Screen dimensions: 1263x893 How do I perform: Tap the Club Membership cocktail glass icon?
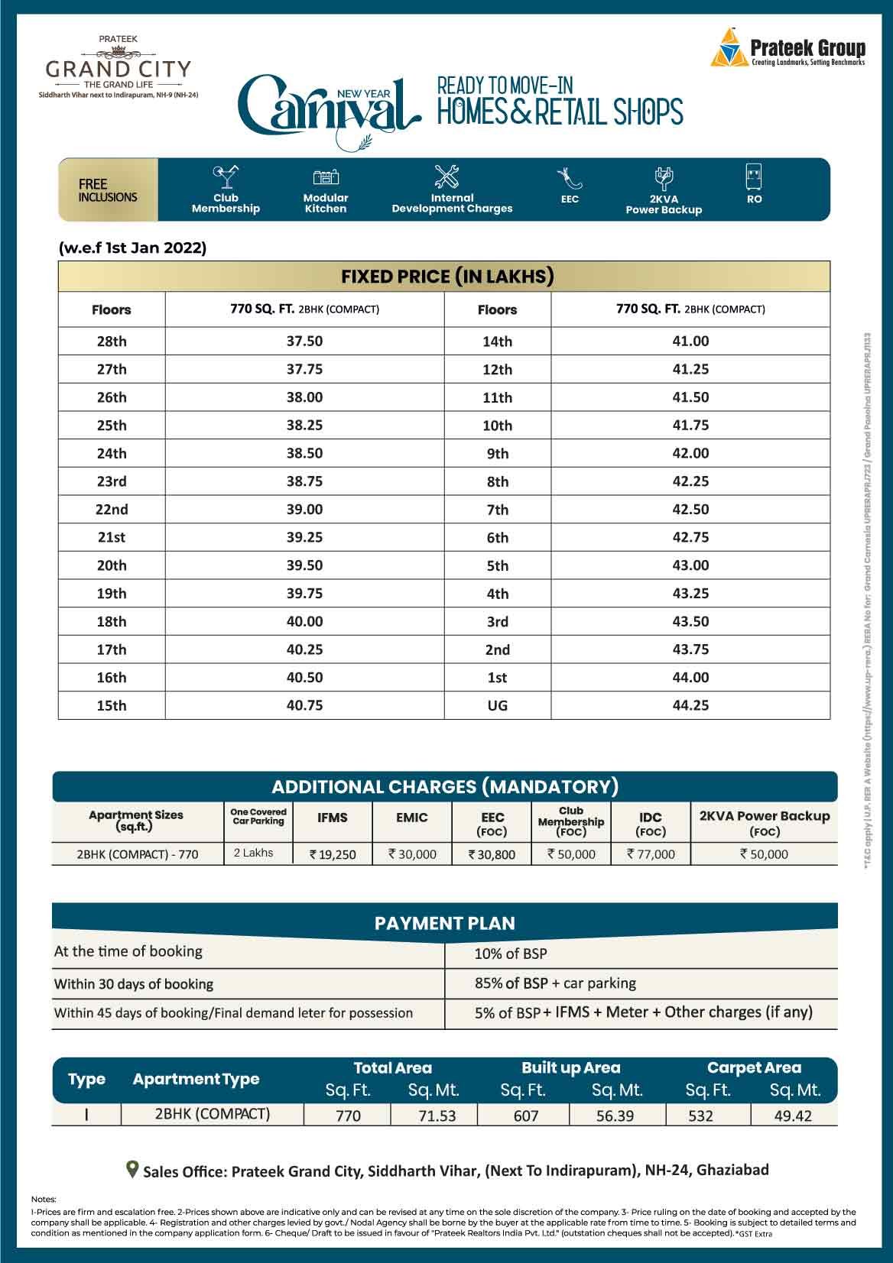225,177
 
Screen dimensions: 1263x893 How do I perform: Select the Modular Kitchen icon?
326,177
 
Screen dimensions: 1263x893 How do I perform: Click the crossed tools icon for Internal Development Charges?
446,176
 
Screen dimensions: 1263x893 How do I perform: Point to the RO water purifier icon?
754,176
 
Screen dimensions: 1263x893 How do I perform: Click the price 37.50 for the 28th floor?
304,341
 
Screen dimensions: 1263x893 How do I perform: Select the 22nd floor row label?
112,510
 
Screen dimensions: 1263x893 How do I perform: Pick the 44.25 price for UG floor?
690,705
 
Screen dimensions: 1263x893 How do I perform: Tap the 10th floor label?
497,426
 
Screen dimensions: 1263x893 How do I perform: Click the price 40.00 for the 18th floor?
304,621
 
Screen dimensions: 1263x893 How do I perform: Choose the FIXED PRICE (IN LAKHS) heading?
447,277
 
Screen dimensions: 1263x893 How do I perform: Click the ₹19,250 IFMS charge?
333,854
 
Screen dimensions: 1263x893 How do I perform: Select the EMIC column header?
411,818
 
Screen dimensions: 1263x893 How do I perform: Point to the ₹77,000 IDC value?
651,854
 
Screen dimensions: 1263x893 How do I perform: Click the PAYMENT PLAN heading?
444,923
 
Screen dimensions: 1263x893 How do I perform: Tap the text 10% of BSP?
510,954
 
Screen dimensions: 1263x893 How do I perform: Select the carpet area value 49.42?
793,1116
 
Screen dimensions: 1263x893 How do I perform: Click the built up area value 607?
525,1116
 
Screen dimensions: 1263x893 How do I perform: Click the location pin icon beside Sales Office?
132,1169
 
